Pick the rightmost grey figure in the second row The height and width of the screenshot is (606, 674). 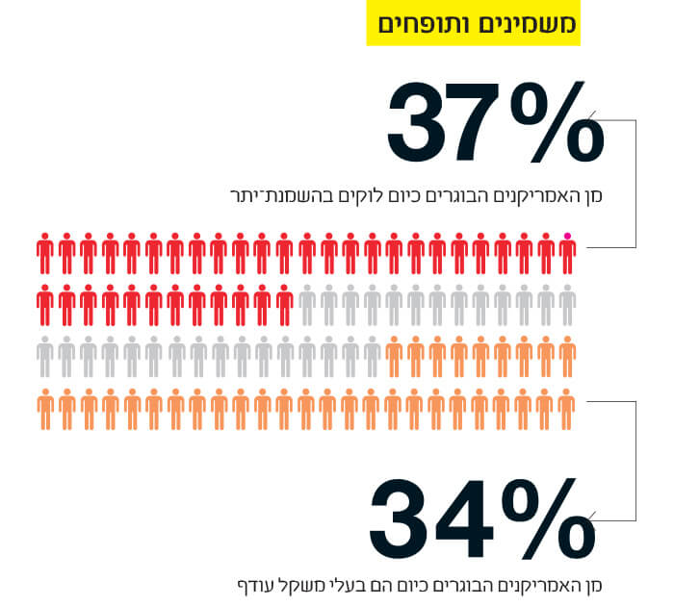567,307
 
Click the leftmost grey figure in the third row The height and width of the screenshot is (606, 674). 45,358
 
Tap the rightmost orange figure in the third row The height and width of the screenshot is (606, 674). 567,358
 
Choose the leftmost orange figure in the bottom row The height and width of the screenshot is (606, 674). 45,409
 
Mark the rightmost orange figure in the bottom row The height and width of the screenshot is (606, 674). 567,409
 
